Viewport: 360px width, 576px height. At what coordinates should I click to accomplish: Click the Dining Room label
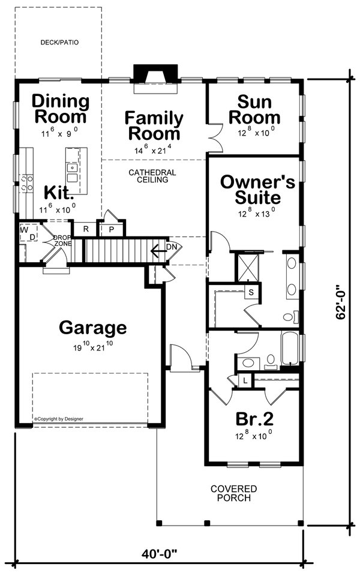tap(60, 109)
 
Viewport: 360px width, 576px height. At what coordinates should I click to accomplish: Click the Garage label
tap(93, 328)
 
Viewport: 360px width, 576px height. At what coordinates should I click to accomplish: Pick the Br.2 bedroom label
tap(252, 418)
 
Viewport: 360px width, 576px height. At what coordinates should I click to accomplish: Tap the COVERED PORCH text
tap(233, 493)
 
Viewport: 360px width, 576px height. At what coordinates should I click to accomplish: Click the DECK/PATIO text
tap(59, 43)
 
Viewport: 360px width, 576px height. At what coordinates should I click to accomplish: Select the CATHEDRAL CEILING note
tap(152, 176)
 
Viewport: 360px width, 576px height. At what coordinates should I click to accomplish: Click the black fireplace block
tap(152, 73)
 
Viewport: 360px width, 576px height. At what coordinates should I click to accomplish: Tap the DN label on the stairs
tap(172, 247)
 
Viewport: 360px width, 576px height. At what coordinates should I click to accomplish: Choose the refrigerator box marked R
tap(86, 229)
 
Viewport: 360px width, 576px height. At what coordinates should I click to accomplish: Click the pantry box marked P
tap(112, 229)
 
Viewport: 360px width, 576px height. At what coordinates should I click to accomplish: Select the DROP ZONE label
tap(63, 240)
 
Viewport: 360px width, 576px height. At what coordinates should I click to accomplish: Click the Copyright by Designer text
tap(59, 419)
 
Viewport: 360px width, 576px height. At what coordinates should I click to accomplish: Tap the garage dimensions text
tap(92, 346)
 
